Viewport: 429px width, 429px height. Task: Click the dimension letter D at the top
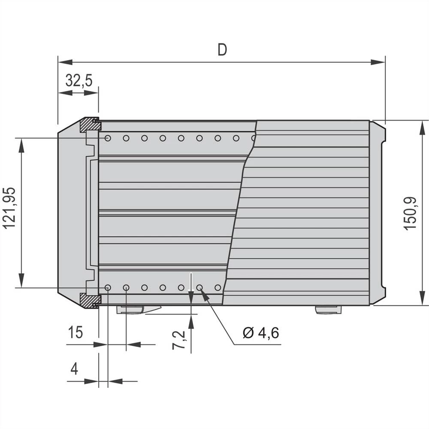[222, 50]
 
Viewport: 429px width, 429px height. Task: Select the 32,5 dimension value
[79, 80]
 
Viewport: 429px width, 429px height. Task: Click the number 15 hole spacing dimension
[76, 332]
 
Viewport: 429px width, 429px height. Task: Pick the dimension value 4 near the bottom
[74, 369]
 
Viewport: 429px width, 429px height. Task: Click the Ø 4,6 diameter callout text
[261, 332]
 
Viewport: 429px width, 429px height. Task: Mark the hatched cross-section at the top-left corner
[90, 124]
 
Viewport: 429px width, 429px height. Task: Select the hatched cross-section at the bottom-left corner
[90, 300]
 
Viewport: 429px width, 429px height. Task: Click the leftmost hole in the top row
[108, 138]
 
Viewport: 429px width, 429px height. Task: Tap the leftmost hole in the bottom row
[108, 287]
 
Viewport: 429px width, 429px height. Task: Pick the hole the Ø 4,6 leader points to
[199, 287]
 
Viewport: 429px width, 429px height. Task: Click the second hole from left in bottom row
[126, 287]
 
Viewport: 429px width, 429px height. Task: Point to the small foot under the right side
[328, 309]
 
